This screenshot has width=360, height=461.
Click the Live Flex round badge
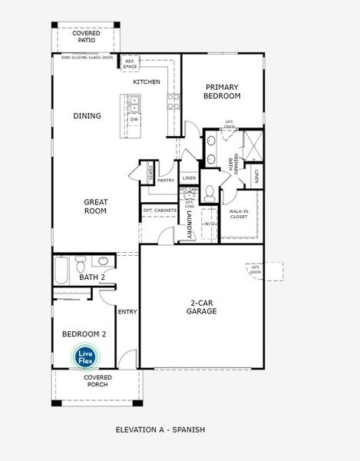tap(84, 357)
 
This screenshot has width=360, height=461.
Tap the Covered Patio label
tap(86, 38)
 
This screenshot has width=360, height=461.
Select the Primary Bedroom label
tap(223, 91)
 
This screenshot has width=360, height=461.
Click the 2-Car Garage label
tap(203, 307)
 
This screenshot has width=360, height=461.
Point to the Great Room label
tap(95, 206)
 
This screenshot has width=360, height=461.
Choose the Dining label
tap(87, 115)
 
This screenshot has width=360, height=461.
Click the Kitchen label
tap(146, 81)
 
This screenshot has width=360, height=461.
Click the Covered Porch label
tap(97, 380)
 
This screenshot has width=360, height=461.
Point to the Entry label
tap(127, 311)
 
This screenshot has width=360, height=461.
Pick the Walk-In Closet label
tap(243, 214)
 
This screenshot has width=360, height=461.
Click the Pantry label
tap(166, 181)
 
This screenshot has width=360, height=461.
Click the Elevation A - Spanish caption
tap(160, 429)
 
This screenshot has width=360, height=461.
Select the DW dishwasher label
tap(134, 120)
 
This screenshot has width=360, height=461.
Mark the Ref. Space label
tap(130, 63)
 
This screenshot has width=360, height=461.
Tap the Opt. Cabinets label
tap(160, 210)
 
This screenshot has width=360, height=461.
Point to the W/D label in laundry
tap(209, 224)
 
